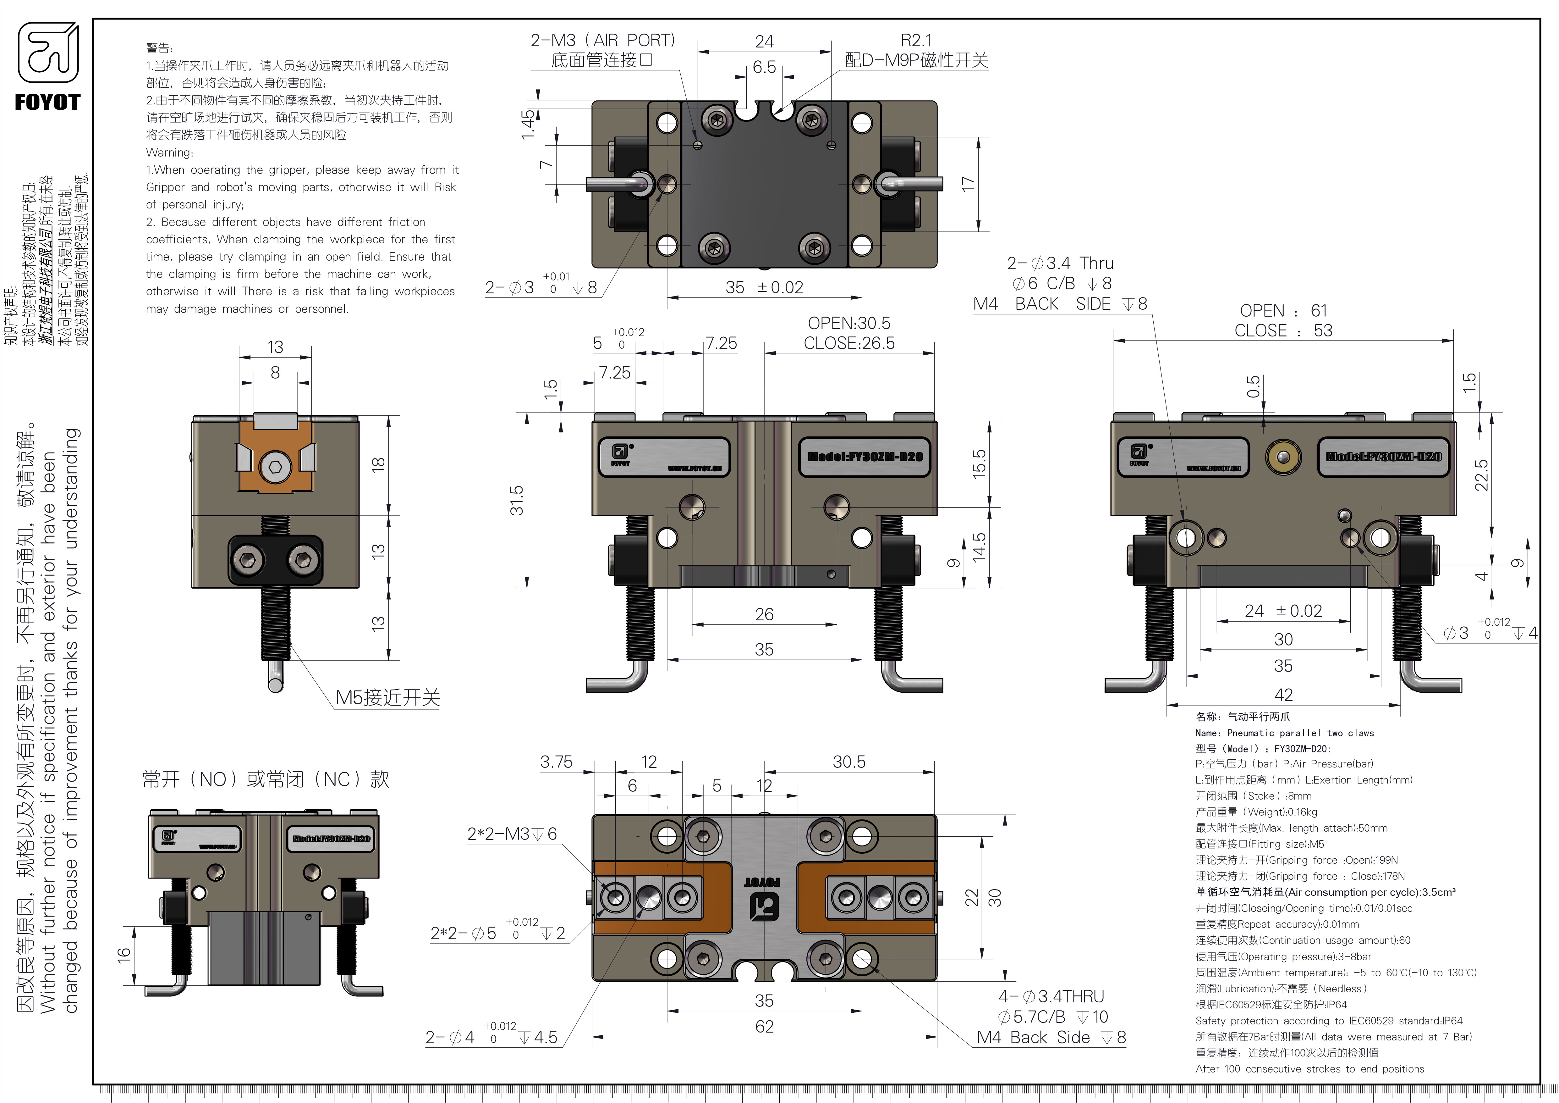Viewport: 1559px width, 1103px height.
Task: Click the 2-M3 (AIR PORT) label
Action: click(602, 41)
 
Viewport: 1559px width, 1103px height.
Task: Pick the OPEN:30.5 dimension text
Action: click(849, 323)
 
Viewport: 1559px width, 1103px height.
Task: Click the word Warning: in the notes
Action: click(170, 152)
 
